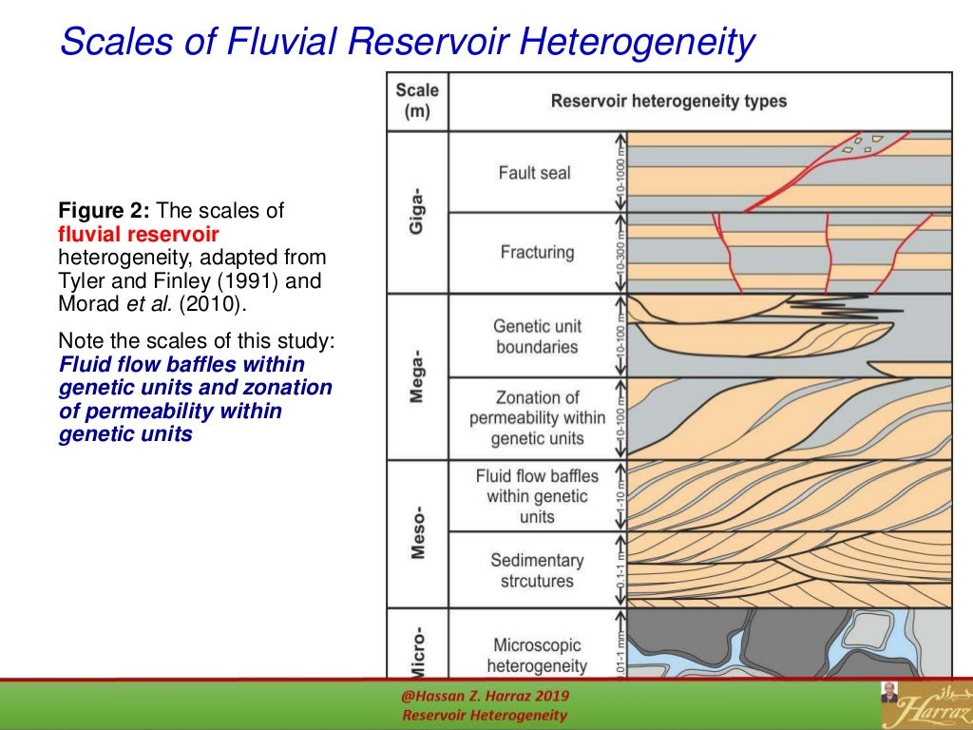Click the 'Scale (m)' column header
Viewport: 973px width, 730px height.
click(417, 101)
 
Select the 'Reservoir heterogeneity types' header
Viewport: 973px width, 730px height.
click(668, 101)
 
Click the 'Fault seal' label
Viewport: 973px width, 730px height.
click(534, 173)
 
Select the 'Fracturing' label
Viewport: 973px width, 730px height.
click(537, 253)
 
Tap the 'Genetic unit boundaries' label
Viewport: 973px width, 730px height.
click(536, 336)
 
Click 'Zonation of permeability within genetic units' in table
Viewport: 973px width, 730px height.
click(536, 418)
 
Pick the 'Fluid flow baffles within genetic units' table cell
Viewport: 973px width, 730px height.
click(536, 496)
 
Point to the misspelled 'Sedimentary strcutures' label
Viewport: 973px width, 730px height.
click(536, 570)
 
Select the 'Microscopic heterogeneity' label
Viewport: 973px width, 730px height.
click(536, 655)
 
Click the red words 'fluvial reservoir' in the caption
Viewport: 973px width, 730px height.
click(139, 234)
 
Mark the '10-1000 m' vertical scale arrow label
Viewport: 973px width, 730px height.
click(620, 172)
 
